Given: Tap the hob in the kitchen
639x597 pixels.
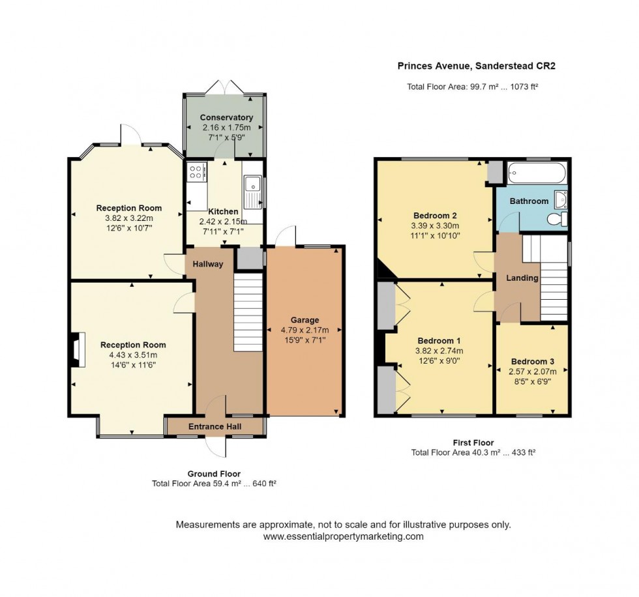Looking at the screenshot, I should [x=196, y=172].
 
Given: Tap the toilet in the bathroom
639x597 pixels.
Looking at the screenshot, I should [x=556, y=220].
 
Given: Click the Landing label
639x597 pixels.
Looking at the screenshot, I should [x=522, y=278].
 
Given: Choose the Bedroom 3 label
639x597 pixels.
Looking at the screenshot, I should [x=532, y=362].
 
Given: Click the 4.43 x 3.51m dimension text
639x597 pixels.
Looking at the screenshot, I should [x=132, y=355].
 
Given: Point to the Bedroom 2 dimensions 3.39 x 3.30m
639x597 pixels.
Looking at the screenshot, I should [x=435, y=226].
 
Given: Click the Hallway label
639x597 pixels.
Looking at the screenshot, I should [x=207, y=264].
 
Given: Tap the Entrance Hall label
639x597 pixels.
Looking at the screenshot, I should [x=215, y=426].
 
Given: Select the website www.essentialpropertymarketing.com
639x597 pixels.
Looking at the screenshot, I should [x=343, y=536].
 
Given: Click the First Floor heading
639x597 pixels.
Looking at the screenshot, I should [x=473, y=443].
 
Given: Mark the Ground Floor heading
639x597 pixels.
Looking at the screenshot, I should [x=214, y=474].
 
